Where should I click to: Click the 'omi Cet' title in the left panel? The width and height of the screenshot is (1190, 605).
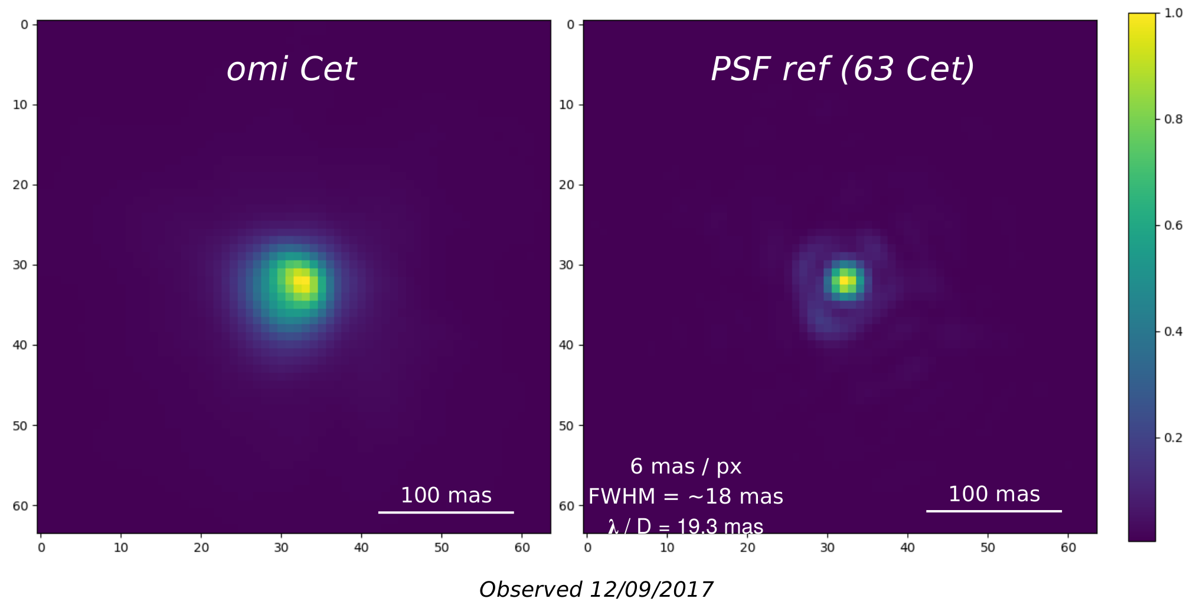[x=292, y=69]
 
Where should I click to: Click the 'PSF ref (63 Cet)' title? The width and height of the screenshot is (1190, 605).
[x=842, y=69]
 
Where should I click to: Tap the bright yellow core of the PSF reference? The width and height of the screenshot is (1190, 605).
[x=844, y=281]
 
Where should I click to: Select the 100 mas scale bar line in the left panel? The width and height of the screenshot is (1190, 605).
[x=446, y=512]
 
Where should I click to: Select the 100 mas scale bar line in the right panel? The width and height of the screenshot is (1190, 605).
[x=993, y=511]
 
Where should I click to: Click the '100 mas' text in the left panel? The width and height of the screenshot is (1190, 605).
[x=446, y=495]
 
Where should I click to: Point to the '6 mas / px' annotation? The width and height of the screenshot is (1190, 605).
[x=685, y=466]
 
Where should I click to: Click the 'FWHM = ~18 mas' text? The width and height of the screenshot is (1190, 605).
[x=685, y=497]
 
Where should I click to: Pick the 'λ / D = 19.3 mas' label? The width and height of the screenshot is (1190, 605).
[x=685, y=526]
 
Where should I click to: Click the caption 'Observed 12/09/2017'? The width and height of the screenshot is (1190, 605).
[x=596, y=589]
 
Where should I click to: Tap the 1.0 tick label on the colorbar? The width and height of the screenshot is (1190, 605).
[x=1173, y=13]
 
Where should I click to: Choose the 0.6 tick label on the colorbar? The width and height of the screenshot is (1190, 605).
[x=1173, y=225]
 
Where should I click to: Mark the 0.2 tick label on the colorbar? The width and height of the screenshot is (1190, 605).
[x=1173, y=438]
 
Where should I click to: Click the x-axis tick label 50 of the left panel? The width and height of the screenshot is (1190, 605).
[x=442, y=548]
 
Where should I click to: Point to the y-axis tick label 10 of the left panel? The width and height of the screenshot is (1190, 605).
[x=20, y=105]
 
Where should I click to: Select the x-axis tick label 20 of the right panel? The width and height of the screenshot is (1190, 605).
[x=747, y=548]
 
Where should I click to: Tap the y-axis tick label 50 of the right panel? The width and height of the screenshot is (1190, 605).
[x=566, y=426]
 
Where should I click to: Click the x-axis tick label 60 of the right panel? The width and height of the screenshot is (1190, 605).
[x=1068, y=548]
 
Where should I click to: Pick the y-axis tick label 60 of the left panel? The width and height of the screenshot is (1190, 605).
[x=20, y=506]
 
